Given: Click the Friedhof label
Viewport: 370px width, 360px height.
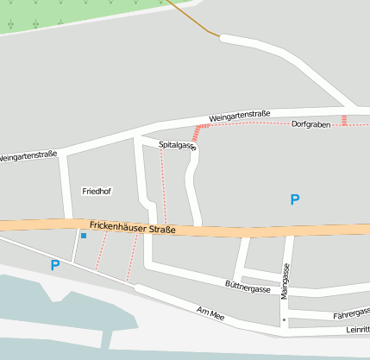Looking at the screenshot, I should click(x=97, y=190).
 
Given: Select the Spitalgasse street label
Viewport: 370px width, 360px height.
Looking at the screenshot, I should click(x=178, y=146).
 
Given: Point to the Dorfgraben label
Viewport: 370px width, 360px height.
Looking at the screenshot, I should click(x=311, y=124).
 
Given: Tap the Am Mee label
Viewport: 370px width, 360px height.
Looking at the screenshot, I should click(x=210, y=314).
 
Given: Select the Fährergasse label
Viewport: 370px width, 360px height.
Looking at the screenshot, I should click(x=351, y=314).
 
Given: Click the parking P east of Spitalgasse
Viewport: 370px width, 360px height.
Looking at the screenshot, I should click(x=295, y=199).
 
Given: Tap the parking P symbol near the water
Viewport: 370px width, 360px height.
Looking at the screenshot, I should click(x=55, y=266).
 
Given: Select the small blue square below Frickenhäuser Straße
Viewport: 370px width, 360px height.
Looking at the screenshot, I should click(x=84, y=235).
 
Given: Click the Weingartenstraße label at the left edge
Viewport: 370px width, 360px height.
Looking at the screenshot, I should click(x=28, y=156).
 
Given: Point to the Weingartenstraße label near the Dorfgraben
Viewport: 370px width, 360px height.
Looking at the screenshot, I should click(x=239, y=115).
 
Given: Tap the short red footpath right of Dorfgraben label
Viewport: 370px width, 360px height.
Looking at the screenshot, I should click(x=344, y=120).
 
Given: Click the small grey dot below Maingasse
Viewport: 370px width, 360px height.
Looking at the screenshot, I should click(x=283, y=319).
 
